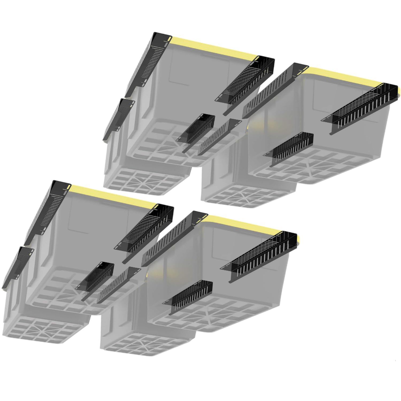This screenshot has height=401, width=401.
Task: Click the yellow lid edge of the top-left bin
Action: click(x=214, y=48)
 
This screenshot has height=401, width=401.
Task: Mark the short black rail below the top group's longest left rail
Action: click(x=119, y=118)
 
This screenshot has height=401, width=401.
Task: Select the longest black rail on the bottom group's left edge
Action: click(x=45, y=211)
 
